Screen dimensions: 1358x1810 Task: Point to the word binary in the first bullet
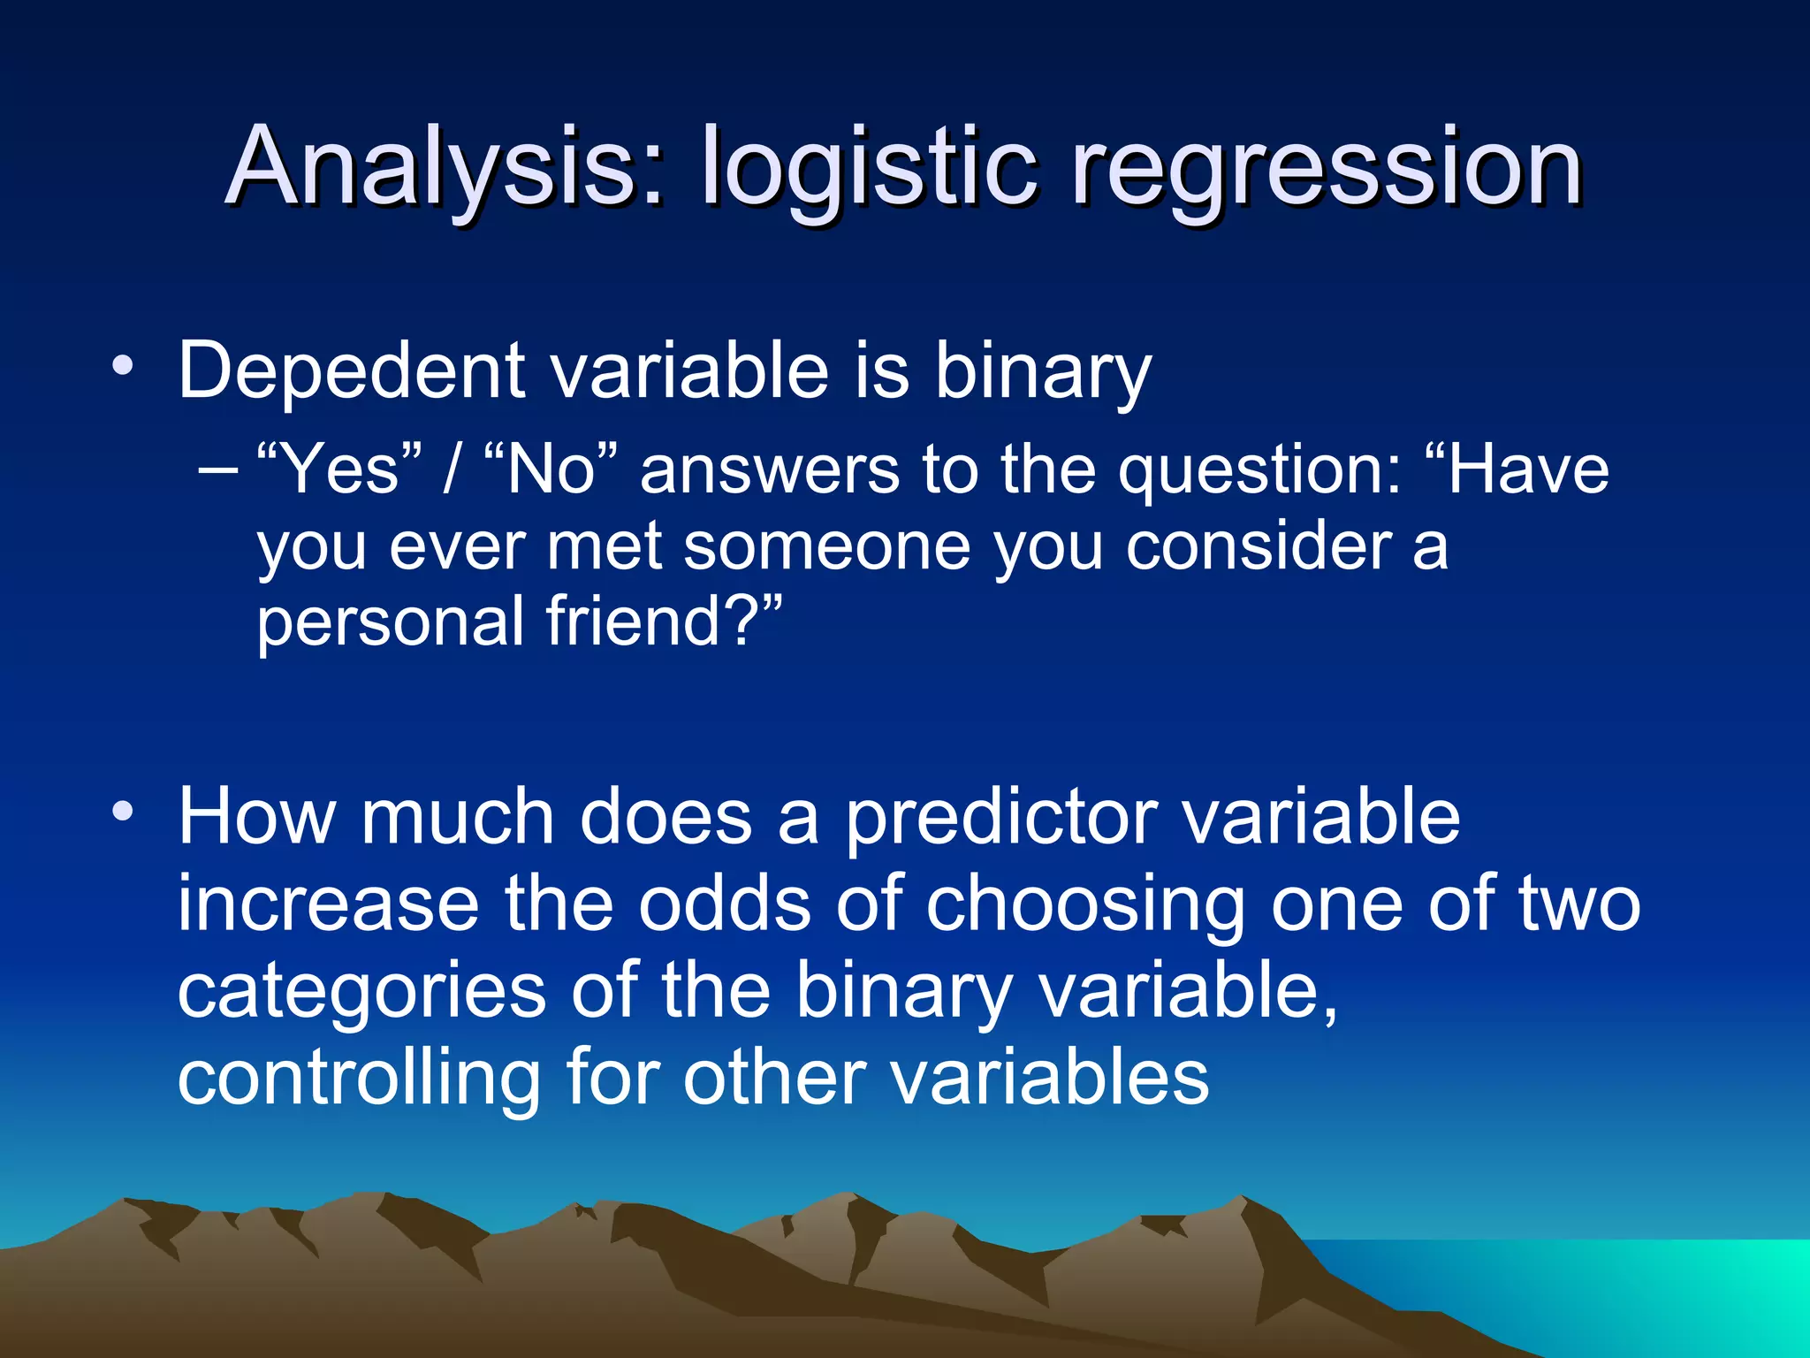pos(1043,372)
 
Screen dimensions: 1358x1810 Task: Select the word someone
pos(826,545)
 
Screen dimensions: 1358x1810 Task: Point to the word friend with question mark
pos(663,621)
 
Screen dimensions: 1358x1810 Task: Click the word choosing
pos(1086,904)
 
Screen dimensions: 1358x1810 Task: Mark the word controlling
pos(359,1078)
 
